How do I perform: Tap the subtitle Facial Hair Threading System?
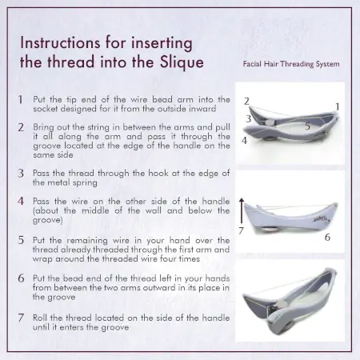[x=291, y=64]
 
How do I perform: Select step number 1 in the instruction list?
[x=20, y=99]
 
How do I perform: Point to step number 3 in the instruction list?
[x=21, y=174]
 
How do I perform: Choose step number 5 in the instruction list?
[x=21, y=240]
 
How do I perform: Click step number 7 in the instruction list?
[x=21, y=318]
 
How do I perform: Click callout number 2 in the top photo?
[x=246, y=101]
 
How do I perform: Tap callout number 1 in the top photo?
[x=338, y=106]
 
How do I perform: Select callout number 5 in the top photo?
[x=308, y=126]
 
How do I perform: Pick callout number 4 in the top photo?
[x=244, y=141]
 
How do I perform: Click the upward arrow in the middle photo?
[x=242, y=210]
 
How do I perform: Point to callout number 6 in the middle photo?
[x=327, y=237]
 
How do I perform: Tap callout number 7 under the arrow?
[x=241, y=230]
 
